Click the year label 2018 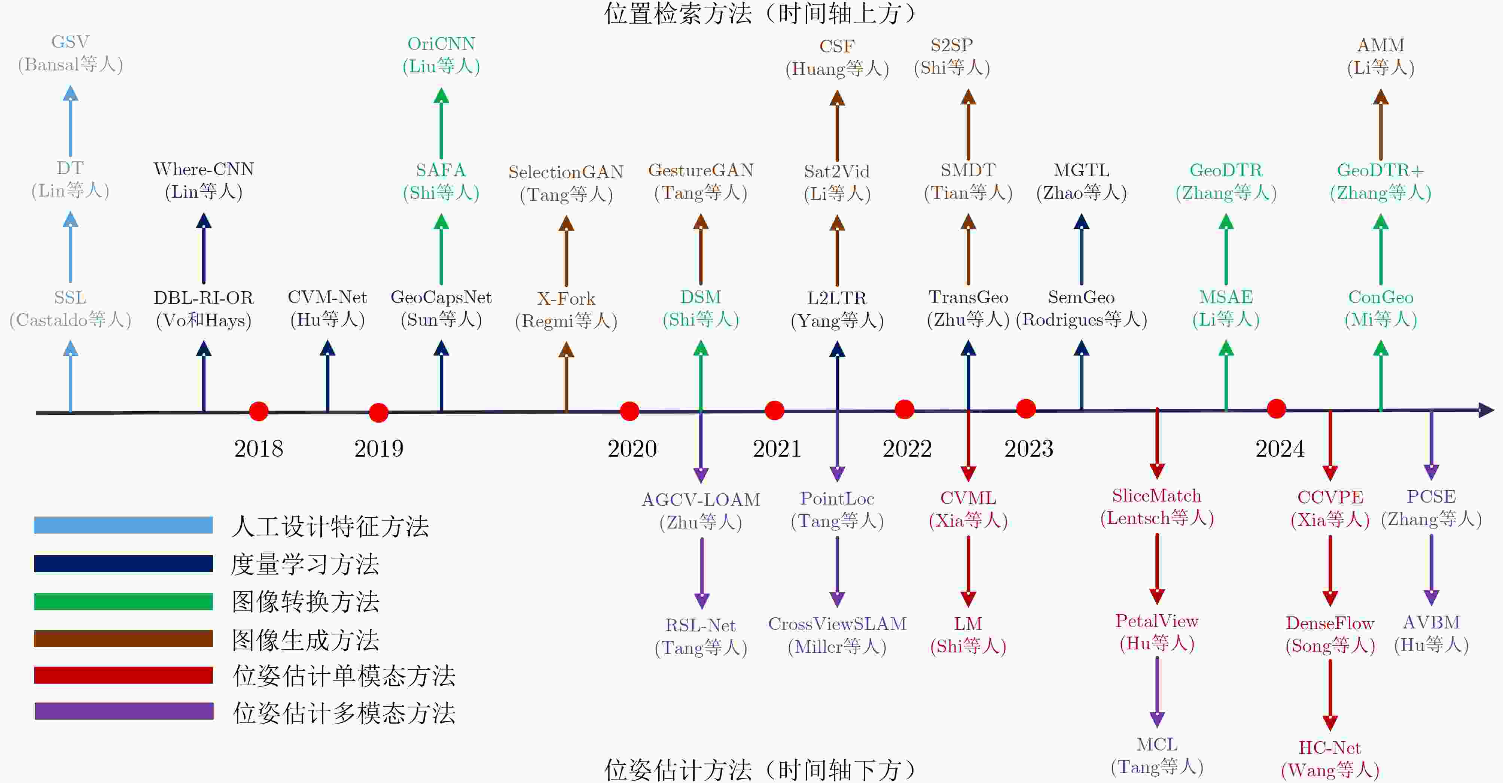pyautogui.click(x=259, y=449)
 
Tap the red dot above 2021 pyautogui.click(x=774, y=410)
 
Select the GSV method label pyautogui.click(x=70, y=42)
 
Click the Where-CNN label pyautogui.click(x=204, y=169)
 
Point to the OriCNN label pyautogui.click(x=441, y=44)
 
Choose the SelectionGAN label pyautogui.click(x=566, y=172)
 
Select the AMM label pyautogui.click(x=1381, y=45)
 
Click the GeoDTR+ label pyautogui.click(x=1381, y=170)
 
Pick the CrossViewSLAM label pyautogui.click(x=837, y=624)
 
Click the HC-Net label pyautogui.click(x=1330, y=747)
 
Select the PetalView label pyautogui.click(x=1157, y=621)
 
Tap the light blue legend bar pyautogui.click(x=123, y=525)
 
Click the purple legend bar pyautogui.click(x=124, y=711)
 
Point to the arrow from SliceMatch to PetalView pyautogui.click(x=1157, y=569)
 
